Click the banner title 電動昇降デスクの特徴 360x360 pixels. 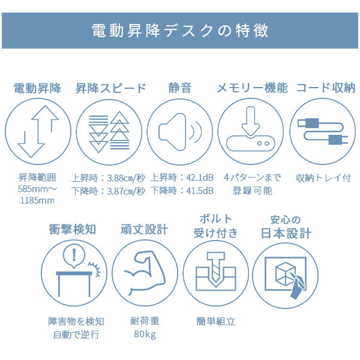tap(180, 31)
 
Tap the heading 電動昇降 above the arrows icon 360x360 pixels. tap(37, 88)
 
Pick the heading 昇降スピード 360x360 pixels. tap(110, 88)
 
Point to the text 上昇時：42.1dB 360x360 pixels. tap(182, 178)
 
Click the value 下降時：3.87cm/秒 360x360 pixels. tap(108, 191)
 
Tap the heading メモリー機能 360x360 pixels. tap(253, 88)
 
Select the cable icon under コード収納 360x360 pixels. tap(323, 131)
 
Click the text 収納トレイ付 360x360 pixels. tap(323, 178)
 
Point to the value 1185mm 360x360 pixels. tap(37, 200)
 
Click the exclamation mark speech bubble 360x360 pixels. tap(74, 257)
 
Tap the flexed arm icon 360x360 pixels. tap(145, 273)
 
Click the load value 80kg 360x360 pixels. tap(145, 334)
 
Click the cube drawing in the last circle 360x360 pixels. tap(286, 273)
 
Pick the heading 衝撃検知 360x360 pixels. tap(73, 229)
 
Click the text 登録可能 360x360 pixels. tap(253, 191)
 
